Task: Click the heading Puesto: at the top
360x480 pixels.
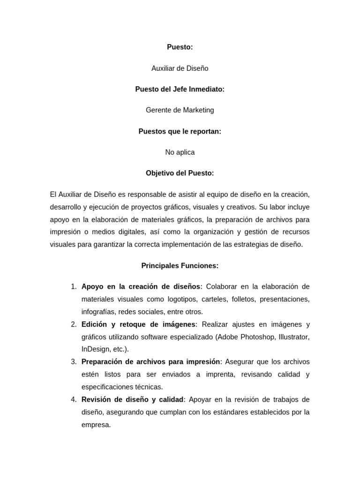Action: click(180, 47)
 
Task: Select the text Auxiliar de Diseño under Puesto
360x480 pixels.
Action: click(180, 68)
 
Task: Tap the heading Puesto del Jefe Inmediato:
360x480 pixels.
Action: click(180, 89)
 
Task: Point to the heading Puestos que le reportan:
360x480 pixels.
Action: click(180, 131)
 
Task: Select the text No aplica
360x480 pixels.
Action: click(180, 152)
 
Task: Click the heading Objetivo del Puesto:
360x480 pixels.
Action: click(180, 173)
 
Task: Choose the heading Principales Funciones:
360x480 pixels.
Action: click(180, 266)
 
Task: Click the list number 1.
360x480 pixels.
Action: click(74, 287)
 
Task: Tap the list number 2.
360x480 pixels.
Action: click(74, 324)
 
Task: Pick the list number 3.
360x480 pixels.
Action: click(74, 362)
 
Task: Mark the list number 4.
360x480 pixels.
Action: click(74, 399)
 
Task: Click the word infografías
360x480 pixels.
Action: click(98, 312)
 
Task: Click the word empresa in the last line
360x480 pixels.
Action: click(96, 425)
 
